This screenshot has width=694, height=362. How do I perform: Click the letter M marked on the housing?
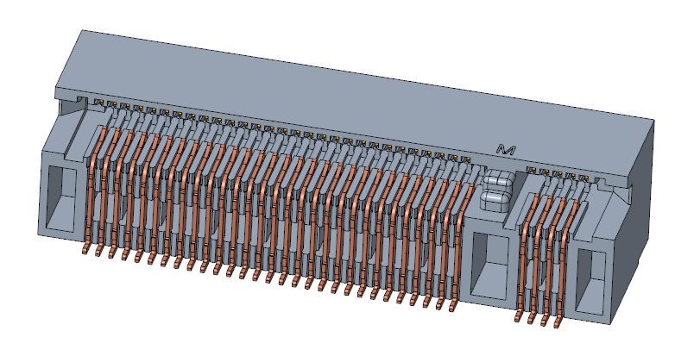tap(506, 150)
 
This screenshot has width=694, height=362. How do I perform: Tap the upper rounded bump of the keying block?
tap(498, 180)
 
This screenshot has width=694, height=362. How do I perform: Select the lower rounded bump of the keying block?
tap(497, 199)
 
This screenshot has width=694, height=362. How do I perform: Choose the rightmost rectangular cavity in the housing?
tap(591, 283)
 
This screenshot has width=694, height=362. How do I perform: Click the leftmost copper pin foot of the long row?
tap(85, 249)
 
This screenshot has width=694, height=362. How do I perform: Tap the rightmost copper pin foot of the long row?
tap(453, 304)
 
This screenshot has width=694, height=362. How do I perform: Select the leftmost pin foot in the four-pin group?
tap(519, 315)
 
